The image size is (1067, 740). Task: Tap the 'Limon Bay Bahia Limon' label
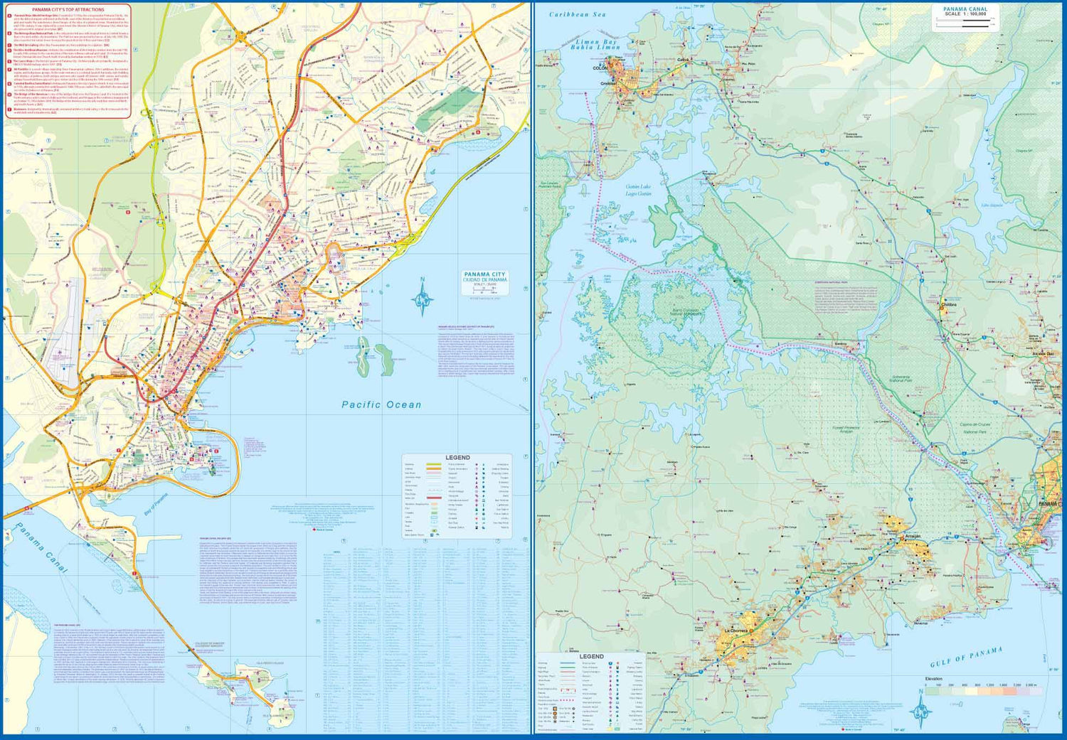click(x=596, y=44)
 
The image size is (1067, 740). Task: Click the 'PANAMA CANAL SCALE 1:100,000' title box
click(x=965, y=16)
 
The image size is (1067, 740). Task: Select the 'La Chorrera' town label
click(x=736, y=631)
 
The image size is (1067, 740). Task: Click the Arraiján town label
click(x=913, y=537)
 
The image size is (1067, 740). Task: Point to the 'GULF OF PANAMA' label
click(x=966, y=658)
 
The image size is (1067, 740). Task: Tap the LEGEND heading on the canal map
click(x=591, y=657)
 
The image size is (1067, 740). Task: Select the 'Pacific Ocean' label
click(x=381, y=404)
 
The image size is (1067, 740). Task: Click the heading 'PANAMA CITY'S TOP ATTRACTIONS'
click(x=68, y=10)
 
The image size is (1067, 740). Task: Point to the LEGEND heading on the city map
click(x=457, y=458)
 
